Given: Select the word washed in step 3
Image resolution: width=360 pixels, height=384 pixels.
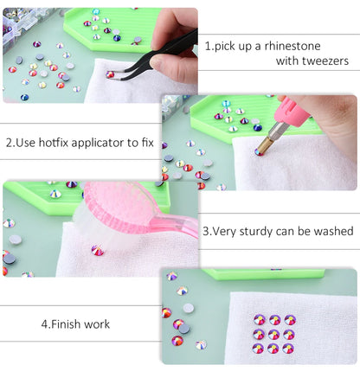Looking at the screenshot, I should [x=332, y=231].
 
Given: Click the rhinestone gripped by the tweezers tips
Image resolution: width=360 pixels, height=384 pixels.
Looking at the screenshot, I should [x=110, y=75].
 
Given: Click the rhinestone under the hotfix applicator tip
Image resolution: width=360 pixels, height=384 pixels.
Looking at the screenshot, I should [x=257, y=153].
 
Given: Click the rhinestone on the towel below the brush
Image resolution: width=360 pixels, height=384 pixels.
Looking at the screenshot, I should [x=98, y=251].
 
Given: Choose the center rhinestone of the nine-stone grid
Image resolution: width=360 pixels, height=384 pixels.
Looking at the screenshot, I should [x=274, y=334].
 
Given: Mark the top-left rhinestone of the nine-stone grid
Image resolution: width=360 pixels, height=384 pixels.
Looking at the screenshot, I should [x=259, y=319].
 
